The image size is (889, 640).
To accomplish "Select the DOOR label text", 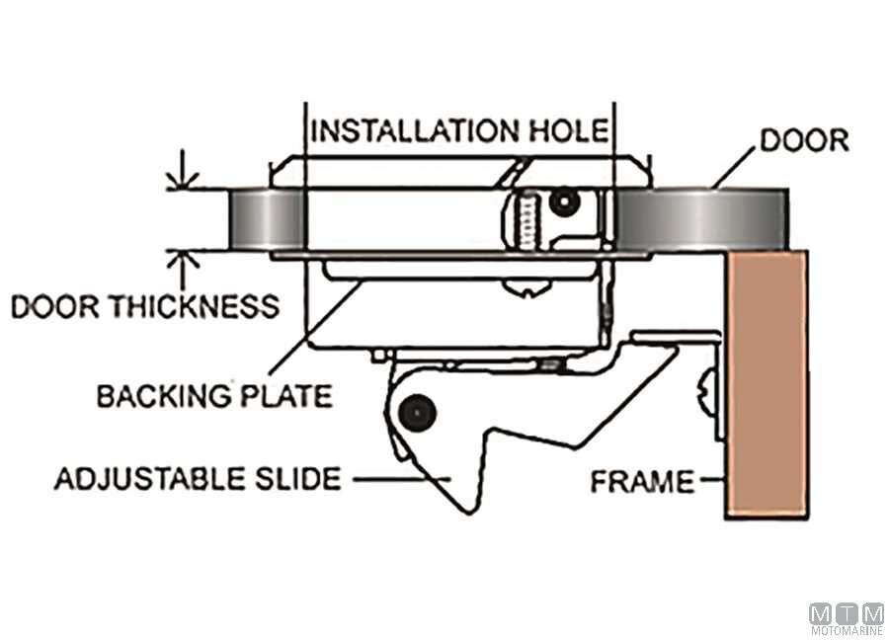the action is [x=804, y=140].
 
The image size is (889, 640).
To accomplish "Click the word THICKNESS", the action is [x=195, y=307].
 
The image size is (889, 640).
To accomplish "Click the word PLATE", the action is [x=286, y=396].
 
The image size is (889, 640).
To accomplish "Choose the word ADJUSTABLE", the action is [x=150, y=479].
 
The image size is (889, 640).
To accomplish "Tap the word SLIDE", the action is [x=297, y=479].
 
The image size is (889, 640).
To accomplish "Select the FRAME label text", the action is [x=642, y=482].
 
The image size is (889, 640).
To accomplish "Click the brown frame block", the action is [x=768, y=384].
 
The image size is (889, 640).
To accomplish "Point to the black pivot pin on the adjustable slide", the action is [x=417, y=414].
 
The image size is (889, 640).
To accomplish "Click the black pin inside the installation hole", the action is [x=564, y=201].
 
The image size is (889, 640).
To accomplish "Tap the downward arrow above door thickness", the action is [x=182, y=169].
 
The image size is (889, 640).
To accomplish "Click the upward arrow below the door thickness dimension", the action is [x=182, y=271].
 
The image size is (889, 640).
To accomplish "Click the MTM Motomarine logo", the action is [x=848, y=619].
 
